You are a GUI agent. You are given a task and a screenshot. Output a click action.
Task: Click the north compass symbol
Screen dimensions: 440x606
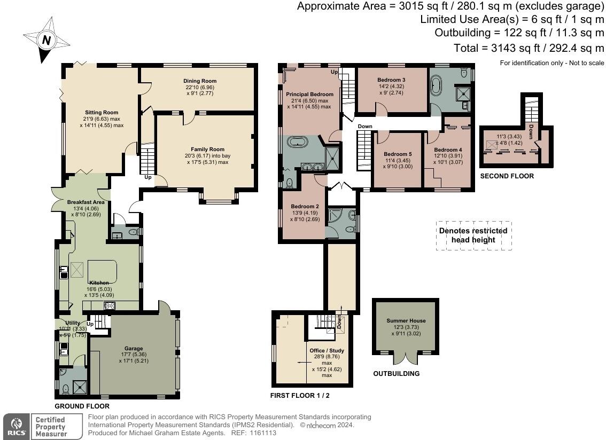[46, 40]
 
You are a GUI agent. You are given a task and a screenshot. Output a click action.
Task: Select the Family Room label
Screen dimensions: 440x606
[207, 150]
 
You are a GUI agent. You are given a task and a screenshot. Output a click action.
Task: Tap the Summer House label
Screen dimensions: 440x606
[406, 321]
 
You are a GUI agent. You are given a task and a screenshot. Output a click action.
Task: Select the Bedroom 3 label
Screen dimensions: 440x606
[391, 80]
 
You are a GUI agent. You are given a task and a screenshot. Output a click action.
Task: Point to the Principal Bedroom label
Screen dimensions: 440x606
[309, 95]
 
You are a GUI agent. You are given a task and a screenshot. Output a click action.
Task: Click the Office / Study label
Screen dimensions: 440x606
[327, 351]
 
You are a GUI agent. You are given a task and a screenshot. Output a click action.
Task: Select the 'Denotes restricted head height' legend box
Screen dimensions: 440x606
[473, 235]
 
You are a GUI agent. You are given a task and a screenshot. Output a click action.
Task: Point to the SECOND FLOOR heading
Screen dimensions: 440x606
[507, 176]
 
